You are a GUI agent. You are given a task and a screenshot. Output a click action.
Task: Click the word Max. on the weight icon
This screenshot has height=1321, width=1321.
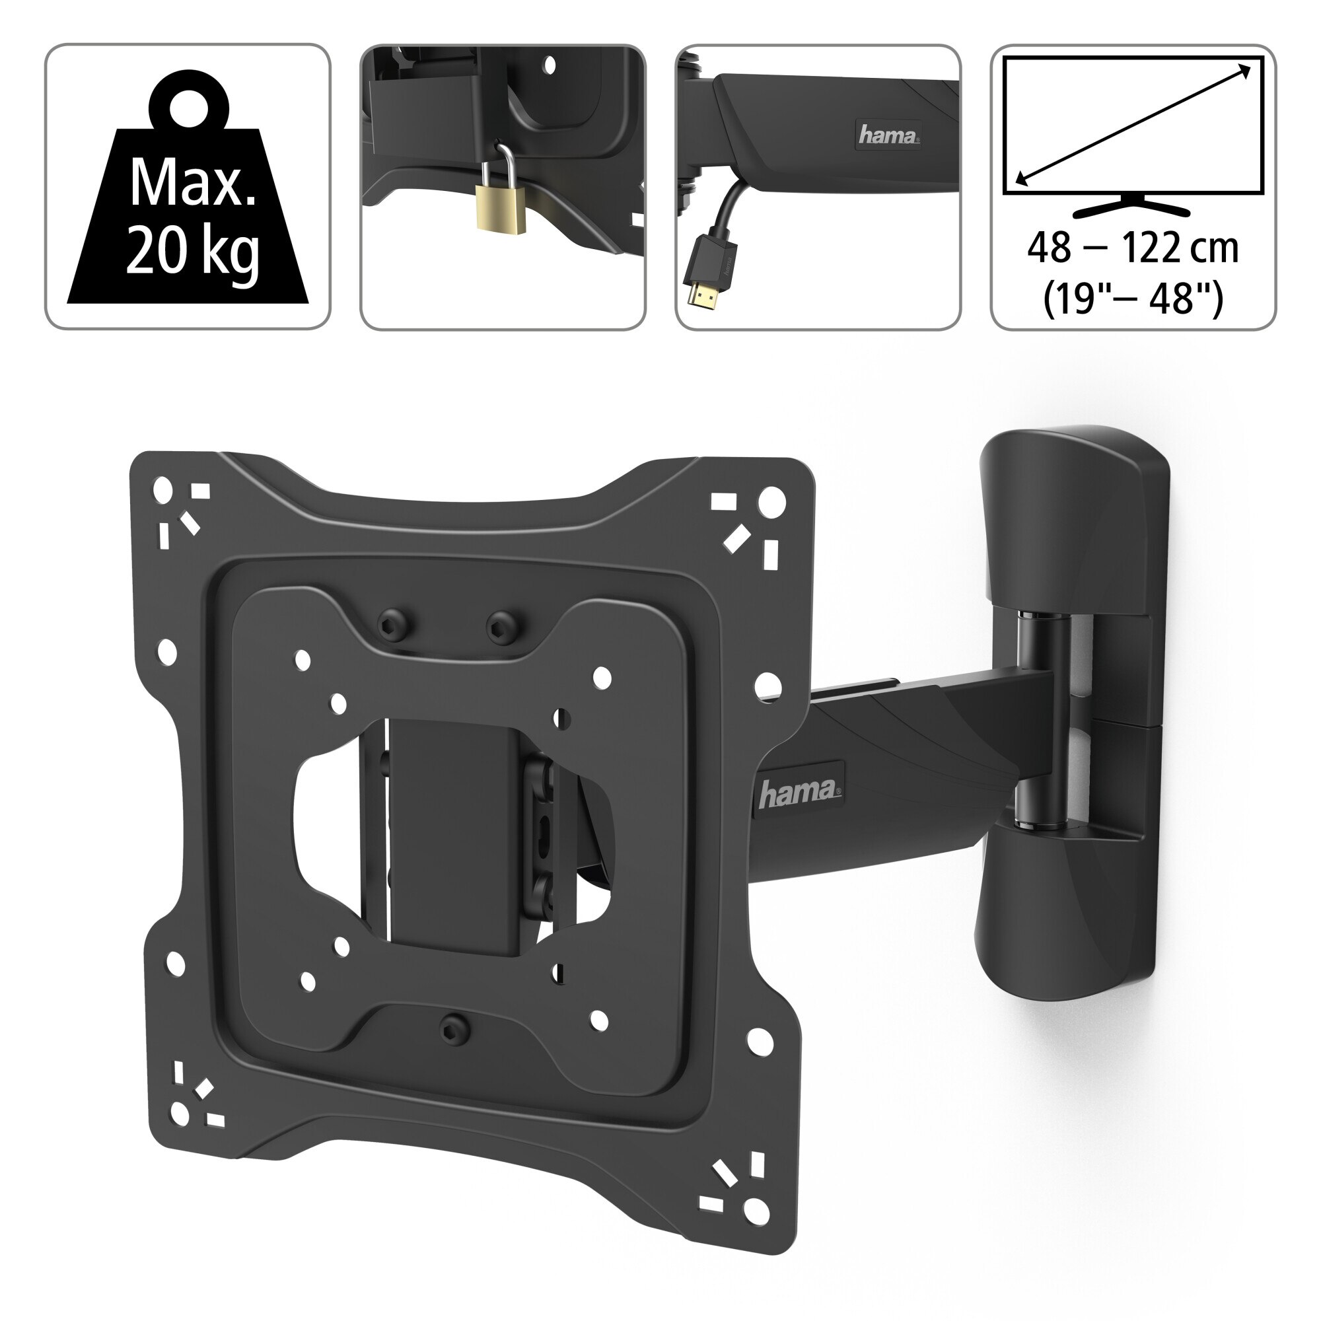point(193,184)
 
